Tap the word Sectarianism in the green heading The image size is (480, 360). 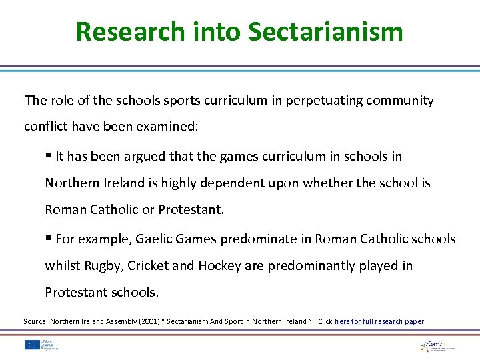coord(325,31)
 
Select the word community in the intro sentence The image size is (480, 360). coord(396,101)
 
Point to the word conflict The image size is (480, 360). coord(45,126)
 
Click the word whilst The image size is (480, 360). coord(63,265)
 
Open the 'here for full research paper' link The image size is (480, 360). coord(379,321)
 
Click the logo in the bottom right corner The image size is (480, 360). coord(437,345)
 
